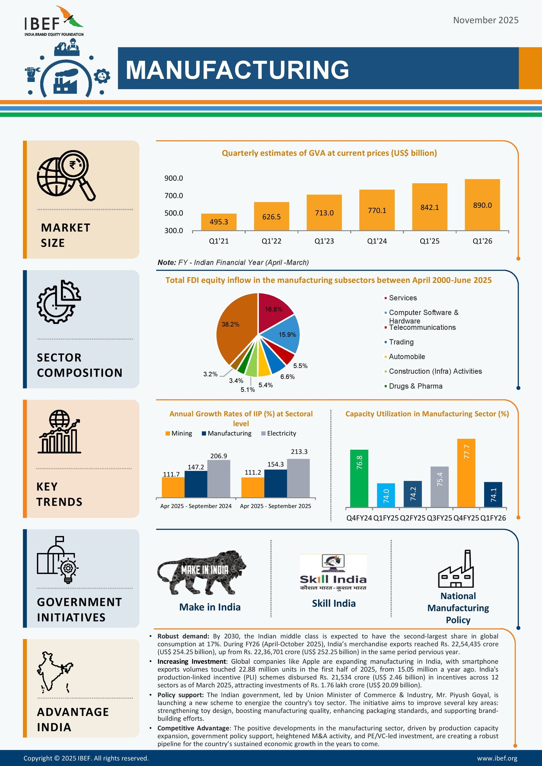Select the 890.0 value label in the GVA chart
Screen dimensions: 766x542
pos(482,205)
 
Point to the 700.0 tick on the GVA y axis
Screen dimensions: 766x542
pos(173,196)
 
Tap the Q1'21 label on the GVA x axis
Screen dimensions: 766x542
pos(219,241)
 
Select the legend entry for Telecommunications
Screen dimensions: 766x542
pos(422,327)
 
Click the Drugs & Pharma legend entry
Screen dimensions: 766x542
pos(415,386)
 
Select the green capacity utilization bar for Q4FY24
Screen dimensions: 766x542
pos(359,478)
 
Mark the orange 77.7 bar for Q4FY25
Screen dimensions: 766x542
pos(466,473)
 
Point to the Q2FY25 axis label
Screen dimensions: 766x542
pos(413,518)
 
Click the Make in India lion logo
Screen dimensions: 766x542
pos(202,572)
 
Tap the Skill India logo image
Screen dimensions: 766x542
pos(333,573)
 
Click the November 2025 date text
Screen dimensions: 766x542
pos(485,20)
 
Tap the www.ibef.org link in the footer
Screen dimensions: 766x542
pos(497,758)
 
